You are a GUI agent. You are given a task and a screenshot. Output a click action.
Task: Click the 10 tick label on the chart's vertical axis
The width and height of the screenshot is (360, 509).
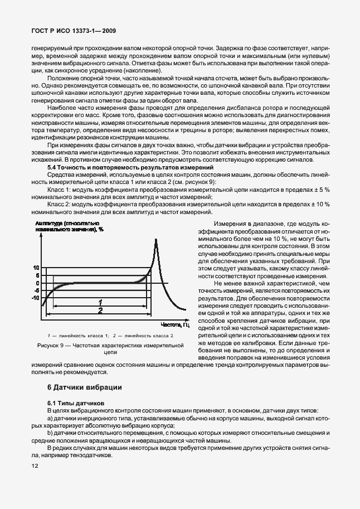(x=36, y=268)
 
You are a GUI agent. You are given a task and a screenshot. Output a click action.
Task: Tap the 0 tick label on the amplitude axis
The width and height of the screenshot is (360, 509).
(x=38, y=283)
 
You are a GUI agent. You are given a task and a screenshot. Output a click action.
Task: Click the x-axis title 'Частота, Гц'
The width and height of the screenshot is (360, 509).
(x=176, y=324)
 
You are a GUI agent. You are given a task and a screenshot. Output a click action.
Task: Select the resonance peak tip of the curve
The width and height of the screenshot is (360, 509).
(x=154, y=239)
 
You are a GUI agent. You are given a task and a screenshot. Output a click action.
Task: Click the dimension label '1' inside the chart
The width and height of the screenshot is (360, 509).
(x=100, y=302)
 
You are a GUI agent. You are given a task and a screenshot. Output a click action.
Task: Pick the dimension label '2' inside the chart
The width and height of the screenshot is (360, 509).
(x=100, y=310)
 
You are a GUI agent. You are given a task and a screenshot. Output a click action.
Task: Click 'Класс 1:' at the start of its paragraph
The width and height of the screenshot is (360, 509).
(x=60, y=190)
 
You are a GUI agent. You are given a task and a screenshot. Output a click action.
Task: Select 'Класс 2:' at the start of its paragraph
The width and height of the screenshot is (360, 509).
(x=60, y=205)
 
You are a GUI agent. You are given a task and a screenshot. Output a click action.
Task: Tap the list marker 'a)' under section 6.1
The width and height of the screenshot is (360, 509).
(x=50, y=418)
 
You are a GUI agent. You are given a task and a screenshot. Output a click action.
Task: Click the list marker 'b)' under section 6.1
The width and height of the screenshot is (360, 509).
(x=50, y=433)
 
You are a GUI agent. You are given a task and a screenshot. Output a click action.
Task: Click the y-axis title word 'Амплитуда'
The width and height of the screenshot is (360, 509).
(x=50, y=222)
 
